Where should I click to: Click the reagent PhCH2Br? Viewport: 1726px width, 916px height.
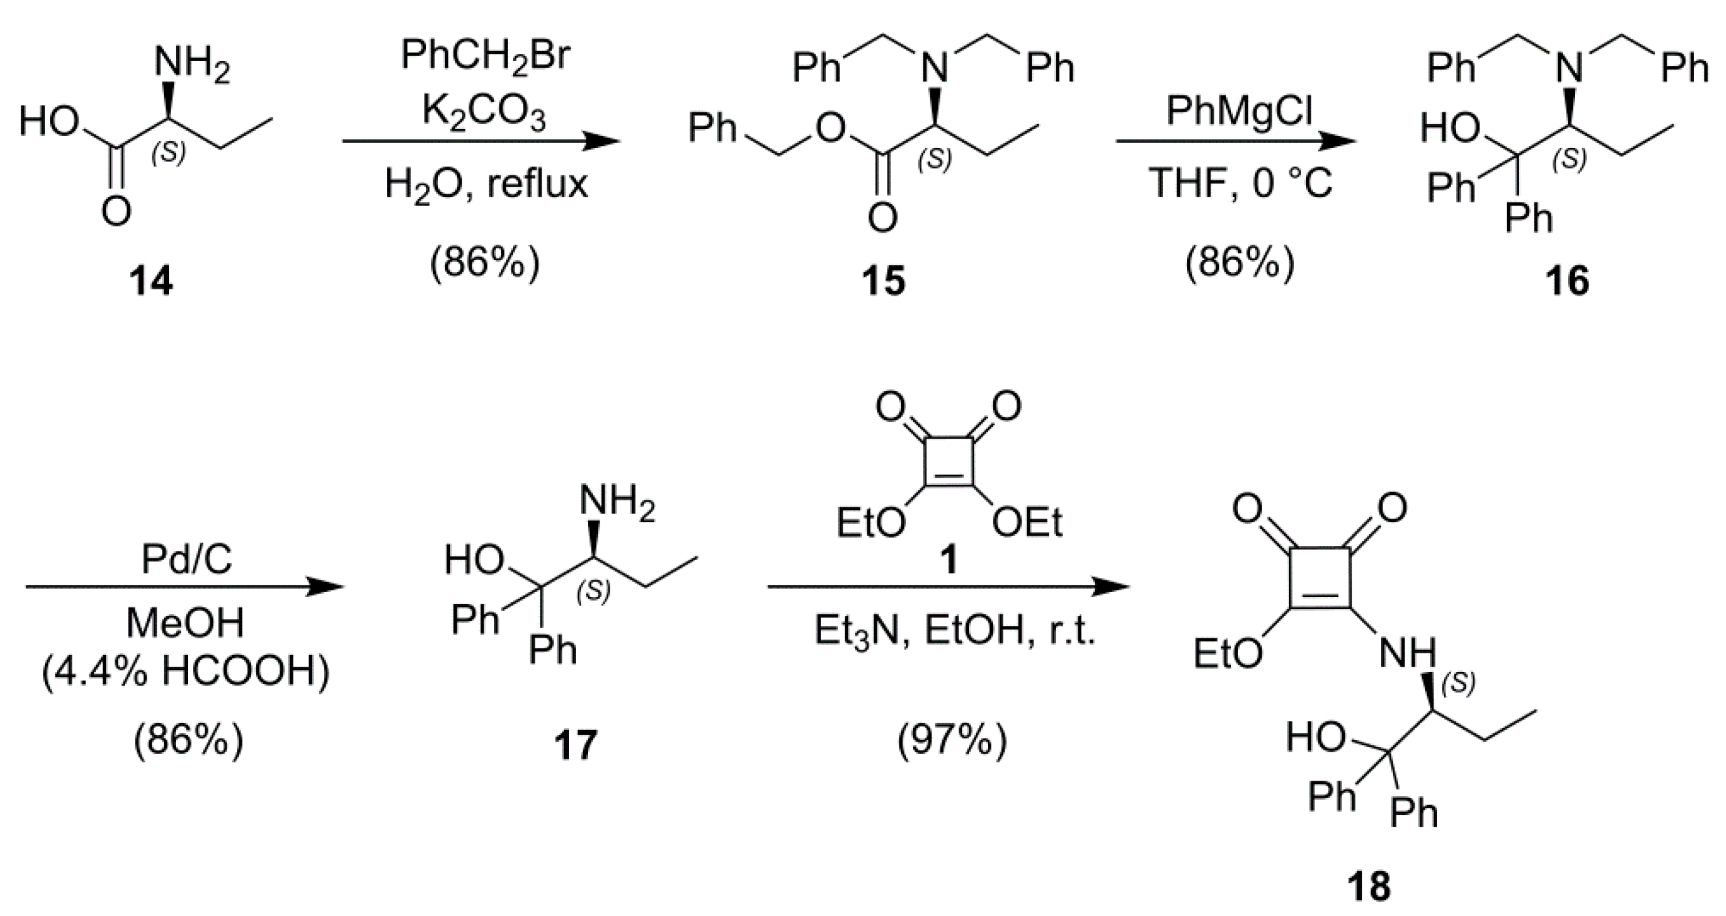click(x=485, y=55)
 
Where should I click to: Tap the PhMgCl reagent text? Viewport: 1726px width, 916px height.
click(x=1239, y=110)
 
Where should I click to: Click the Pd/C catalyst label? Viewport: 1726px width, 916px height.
click(x=187, y=559)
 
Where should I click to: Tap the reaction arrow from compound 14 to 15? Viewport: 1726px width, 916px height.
click(x=480, y=142)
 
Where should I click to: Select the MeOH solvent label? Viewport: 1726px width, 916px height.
click(x=185, y=623)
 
